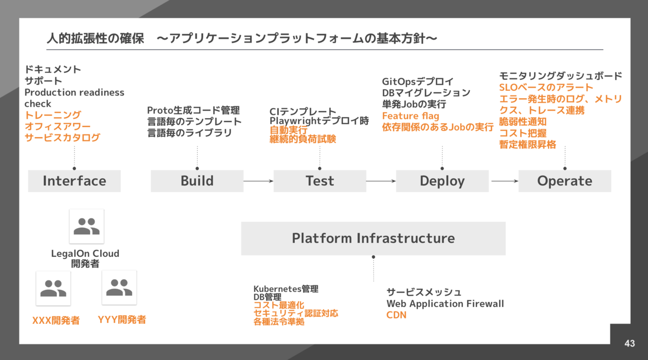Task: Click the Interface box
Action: (x=75, y=181)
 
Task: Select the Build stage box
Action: (x=197, y=181)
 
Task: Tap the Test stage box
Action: (x=320, y=181)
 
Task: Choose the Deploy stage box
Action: (x=442, y=181)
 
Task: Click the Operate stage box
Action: (x=565, y=181)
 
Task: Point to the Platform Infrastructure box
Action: (x=373, y=238)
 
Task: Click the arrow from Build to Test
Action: (x=258, y=181)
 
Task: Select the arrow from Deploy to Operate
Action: (x=504, y=181)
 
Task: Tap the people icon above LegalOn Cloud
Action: (x=86, y=227)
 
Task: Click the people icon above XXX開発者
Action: (x=53, y=288)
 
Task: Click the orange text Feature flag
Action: (x=410, y=116)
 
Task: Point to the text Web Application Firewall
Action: (x=445, y=304)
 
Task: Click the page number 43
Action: (x=629, y=343)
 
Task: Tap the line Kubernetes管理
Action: (x=286, y=289)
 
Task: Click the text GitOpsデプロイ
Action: (x=417, y=81)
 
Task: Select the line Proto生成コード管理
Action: (x=193, y=111)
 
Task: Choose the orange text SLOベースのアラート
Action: (x=546, y=87)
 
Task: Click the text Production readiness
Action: (x=74, y=92)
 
